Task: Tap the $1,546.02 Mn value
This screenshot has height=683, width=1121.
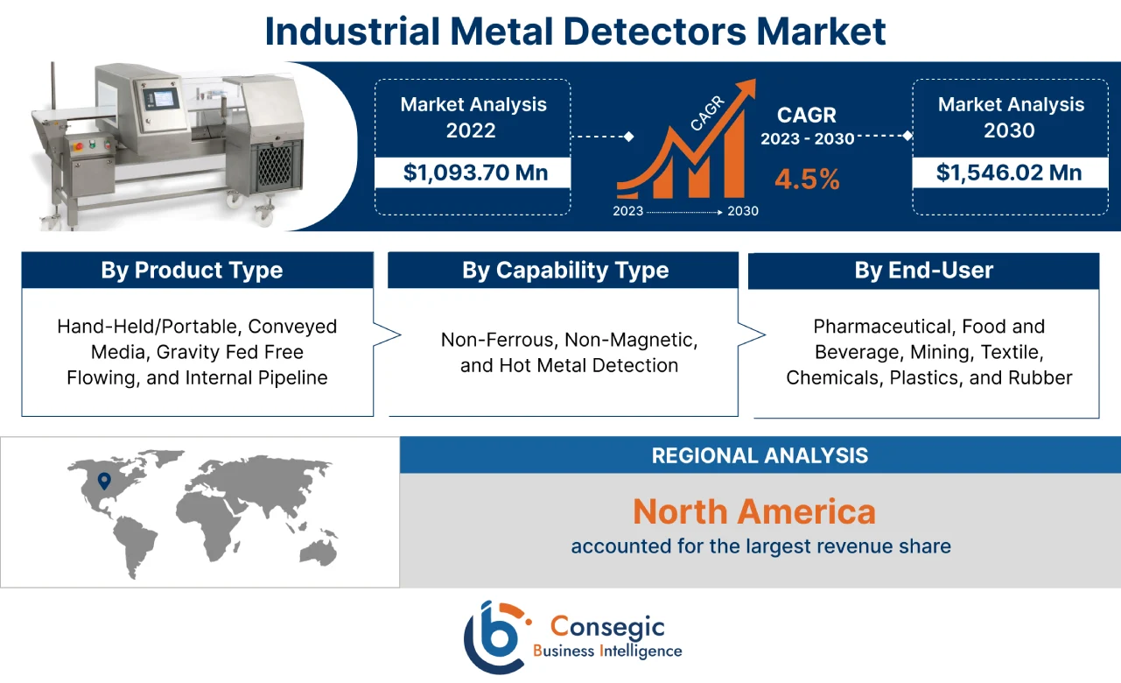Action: click(x=1009, y=173)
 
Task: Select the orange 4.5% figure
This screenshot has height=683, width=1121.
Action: click(x=806, y=180)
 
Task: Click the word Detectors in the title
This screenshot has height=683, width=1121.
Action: click(x=628, y=32)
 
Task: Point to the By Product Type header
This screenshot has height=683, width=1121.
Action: click(x=192, y=271)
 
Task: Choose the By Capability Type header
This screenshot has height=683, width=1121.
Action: click(x=564, y=271)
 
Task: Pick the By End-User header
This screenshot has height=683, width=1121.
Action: click(x=923, y=271)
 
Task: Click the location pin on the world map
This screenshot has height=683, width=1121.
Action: click(x=104, y=481)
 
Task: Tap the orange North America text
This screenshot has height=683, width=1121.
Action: click(x=753, y=511)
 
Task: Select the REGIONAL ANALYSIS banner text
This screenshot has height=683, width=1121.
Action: click(x=760, y=455)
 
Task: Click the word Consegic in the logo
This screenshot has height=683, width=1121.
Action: click(x=606, y=626)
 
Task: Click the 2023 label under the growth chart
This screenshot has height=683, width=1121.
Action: click(x=628, y=211)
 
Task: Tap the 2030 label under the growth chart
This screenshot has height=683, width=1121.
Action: click(x=743, y=211)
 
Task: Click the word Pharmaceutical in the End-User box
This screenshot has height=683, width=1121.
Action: click(x=883, y=327)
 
